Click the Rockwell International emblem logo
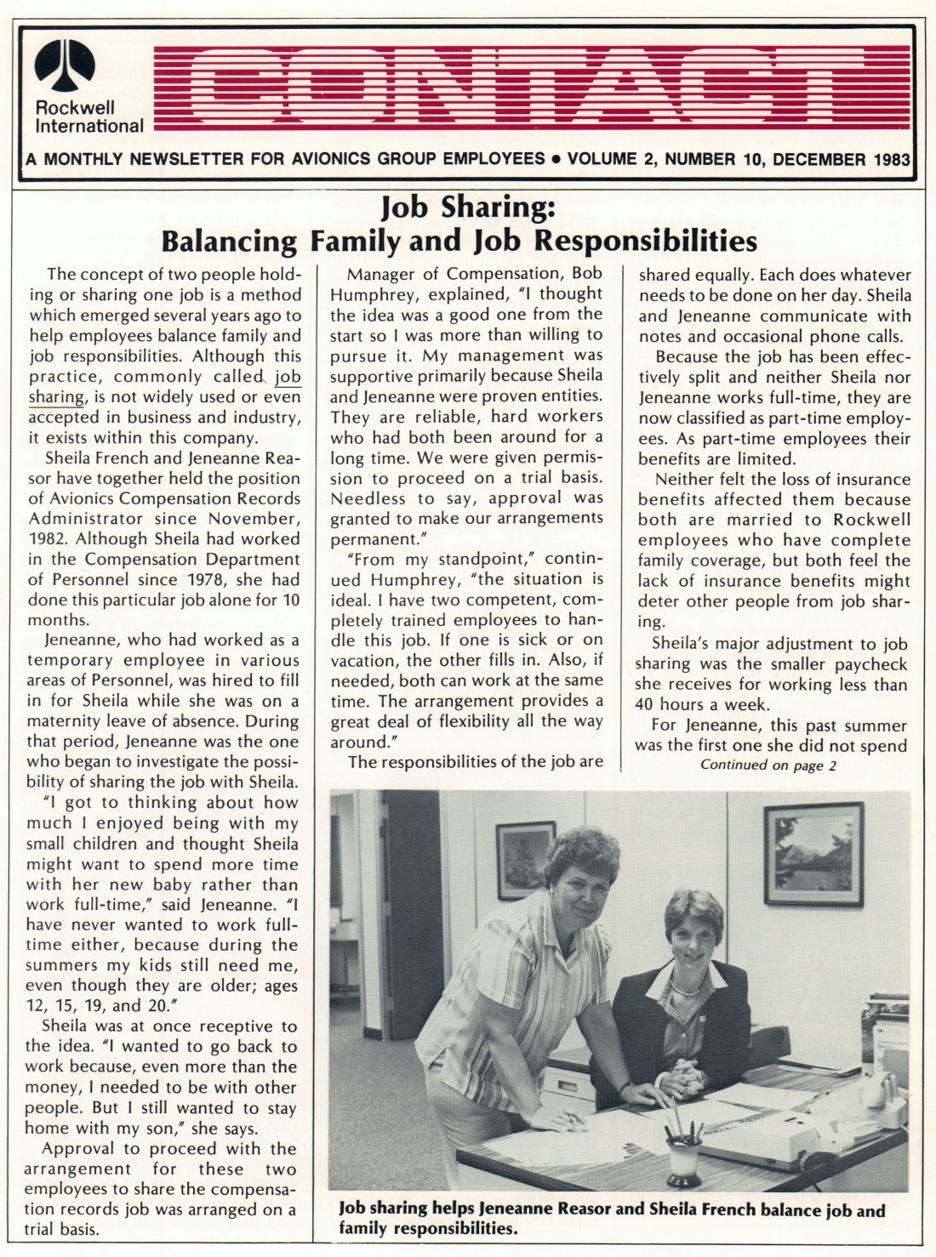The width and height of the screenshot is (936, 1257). point(65,65)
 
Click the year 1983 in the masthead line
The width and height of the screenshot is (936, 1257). point(891,159)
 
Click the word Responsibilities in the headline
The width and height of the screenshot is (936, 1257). point(645,242)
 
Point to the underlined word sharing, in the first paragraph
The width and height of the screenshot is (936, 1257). point(56,397)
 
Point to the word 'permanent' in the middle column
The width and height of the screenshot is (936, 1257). point(370,539)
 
